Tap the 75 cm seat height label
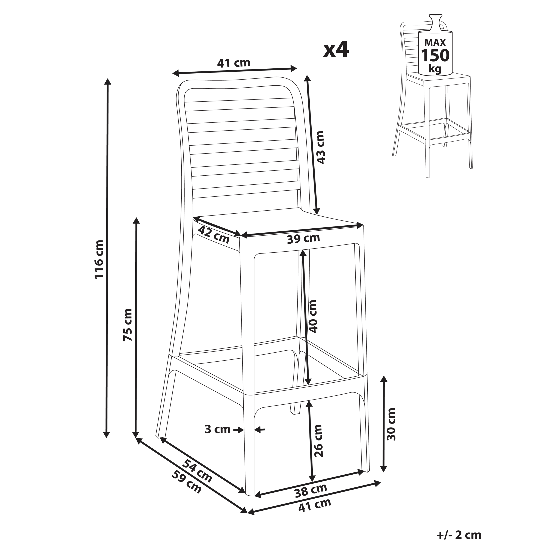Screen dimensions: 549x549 128,325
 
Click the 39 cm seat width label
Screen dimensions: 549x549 303,239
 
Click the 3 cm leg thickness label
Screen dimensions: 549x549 217,429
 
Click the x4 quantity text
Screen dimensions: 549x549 336,50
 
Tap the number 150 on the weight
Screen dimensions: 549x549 435,55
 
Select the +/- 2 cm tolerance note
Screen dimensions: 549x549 459,535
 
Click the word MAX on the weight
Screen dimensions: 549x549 435,43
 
